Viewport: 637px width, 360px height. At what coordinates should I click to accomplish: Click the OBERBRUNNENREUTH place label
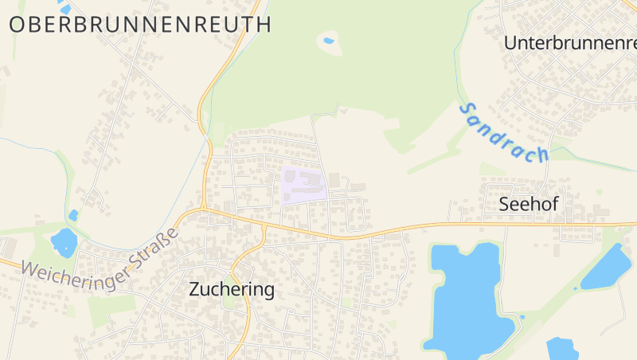(140, 24)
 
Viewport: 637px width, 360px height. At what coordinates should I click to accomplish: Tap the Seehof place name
(528, 204)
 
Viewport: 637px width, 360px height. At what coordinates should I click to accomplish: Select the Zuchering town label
(232, 290)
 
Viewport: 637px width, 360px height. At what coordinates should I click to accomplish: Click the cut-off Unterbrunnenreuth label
(570, 43)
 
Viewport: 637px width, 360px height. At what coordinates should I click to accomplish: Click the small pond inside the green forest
(328, 41)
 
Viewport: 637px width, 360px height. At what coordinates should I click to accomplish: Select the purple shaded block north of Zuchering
(303, 184)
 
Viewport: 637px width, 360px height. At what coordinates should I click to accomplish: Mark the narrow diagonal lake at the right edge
(607, 267)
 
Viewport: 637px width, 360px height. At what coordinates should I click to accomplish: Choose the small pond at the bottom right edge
(562, 350)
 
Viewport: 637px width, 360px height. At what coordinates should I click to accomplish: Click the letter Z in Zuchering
(195, 290)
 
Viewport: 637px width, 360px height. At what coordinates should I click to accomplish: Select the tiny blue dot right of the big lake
(522, 316)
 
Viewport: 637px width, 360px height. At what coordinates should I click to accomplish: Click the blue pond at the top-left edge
(64, 8)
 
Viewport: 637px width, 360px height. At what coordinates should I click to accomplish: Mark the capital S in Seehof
(504, 204)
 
